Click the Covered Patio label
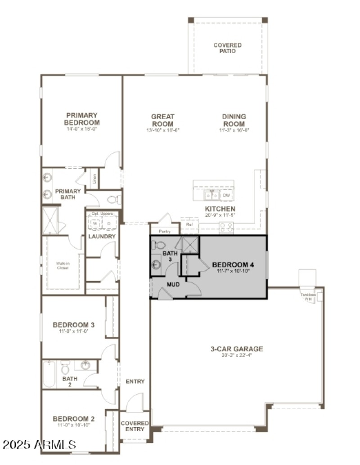(227, 48)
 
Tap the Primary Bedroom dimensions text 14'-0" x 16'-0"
(82, 129)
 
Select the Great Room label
(162, 120)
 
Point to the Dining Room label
(234, 120)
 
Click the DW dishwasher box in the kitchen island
(226, 196)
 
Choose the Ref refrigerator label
(189, 224)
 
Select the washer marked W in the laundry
(95, 223)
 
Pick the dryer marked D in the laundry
(108, 223)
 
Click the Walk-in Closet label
(62, 266)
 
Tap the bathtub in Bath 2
(49, 374)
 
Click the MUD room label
(173, 285)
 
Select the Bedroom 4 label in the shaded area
(233, 265)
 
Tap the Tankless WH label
(308, 297)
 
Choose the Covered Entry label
(135, 426)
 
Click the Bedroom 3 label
(73, 325)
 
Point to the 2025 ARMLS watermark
(39, 445)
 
